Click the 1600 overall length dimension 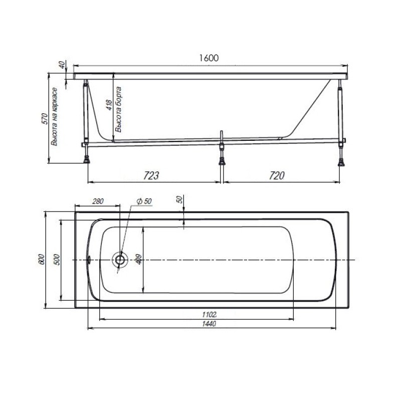(x=209, y=58)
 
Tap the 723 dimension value (x=151, y=175)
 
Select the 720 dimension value (x=277, y=175)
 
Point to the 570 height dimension (x=45, y=119)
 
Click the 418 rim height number (x=109, y=105)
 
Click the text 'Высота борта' (x=118, y=109)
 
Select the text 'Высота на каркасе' (x=54, y=117)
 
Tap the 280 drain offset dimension (x=98, y=202)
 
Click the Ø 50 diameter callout (x=144, y=202)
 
